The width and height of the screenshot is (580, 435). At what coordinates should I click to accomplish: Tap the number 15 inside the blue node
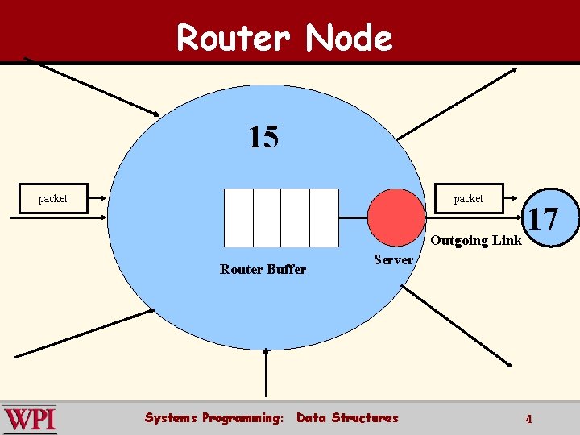click(263, 138)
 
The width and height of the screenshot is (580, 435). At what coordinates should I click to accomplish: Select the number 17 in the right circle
click(542, 218)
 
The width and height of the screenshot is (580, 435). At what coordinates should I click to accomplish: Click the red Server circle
click(396, 217)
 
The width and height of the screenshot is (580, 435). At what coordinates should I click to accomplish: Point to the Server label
click(393, 259)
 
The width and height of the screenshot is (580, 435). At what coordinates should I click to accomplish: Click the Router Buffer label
click(263, 270)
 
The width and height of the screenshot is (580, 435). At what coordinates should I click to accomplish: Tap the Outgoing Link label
click(476, 240)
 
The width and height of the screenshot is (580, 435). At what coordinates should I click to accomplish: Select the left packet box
click(53, 198)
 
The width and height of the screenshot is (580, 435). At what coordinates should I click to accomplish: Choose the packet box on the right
click(468, 198)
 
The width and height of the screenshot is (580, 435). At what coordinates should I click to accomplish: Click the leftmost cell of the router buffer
click(238, 217)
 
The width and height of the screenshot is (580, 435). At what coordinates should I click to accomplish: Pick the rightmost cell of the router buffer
click(324, 217)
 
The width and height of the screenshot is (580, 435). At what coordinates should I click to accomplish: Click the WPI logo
click(29, 419)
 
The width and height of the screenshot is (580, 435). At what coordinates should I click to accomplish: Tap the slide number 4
click(528, 419)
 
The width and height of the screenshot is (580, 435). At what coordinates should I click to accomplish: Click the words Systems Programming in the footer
click(213, 417)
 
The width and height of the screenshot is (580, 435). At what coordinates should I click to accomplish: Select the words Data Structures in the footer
click(347, 417)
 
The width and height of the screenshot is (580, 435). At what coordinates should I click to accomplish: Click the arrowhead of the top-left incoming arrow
click(156, 113)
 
